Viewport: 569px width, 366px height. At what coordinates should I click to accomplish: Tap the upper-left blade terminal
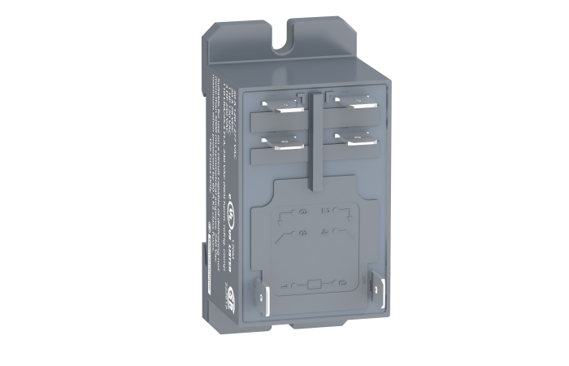pos(280,105)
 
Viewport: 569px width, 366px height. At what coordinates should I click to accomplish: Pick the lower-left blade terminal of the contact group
pos(278,140)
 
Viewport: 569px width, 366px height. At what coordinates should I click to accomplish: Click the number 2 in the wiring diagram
pos(325,211)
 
